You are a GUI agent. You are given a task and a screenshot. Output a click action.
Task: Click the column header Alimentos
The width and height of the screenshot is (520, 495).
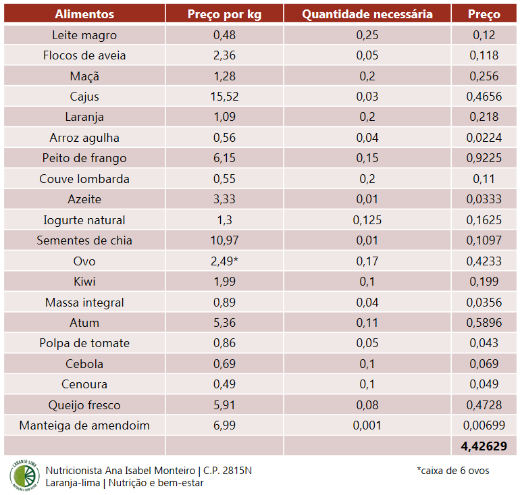tap(84, 14)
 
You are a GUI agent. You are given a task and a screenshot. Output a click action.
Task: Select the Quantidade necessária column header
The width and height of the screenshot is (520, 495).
tap(367, 14)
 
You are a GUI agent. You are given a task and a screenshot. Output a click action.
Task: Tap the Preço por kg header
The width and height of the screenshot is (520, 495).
tap(225, 14)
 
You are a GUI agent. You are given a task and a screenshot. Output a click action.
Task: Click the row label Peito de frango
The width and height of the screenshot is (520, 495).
tap(84, 158)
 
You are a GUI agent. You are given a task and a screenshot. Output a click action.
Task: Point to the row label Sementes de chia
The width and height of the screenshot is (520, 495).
tap(84, 240)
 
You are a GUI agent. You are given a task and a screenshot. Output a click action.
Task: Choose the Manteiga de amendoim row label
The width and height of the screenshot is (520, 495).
tap(84, 425)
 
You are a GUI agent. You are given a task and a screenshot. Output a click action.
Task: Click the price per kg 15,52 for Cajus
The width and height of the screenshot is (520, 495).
tap(225, 97)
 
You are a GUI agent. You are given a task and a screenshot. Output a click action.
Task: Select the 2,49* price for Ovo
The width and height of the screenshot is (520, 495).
tap(225, 261)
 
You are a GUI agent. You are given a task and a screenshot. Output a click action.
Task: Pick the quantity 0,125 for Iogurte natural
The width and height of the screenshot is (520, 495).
tap(367, 220)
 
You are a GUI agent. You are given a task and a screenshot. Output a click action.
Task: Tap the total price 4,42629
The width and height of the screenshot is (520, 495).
tap(484, 446)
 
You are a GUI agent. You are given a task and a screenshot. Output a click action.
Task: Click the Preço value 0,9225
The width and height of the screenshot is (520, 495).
tap(484, 158)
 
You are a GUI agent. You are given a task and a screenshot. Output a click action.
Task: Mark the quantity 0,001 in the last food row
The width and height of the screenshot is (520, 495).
tap(367, 425)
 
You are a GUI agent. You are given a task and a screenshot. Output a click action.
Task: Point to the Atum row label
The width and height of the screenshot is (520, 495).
tap(84, 323)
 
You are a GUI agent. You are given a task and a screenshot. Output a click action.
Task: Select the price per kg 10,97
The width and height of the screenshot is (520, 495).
tap(225, 240)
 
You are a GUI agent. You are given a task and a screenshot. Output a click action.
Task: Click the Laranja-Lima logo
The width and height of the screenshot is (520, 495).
tap(24, 475)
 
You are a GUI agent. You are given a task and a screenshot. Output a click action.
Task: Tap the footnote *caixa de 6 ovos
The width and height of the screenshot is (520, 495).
tap(453, 470)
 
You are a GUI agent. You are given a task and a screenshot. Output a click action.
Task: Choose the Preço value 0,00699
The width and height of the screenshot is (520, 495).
tap(484, 425)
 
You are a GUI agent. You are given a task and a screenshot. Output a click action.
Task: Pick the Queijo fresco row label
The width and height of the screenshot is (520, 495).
tap(84, 405)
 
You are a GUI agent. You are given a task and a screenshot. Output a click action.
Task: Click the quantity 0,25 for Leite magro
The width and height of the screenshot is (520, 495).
tap(367, 35)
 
